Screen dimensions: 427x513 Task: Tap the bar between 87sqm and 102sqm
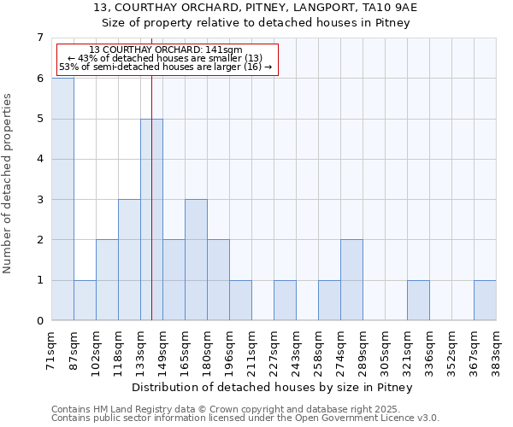pyautogui.click(x=85, y=300)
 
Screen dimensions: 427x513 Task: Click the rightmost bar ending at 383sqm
pyautogui.click(x=485, y=300)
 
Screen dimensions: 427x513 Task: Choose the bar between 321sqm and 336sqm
pyautogui.click(x=418, y=300)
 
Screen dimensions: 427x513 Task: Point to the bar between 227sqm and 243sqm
pyautogui.click(x=285, y=300)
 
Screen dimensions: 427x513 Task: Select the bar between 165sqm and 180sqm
pyautogui.click(x=196, y=260)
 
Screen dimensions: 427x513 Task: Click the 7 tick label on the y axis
pyautogui.click(x=39, y=38)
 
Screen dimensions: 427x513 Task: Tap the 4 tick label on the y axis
pyautogui.click(x=39, y=159)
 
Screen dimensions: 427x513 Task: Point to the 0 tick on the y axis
pyautogui.click(x=39, y=321)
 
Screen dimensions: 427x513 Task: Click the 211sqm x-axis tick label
pyautogui.click(x=252, y=350)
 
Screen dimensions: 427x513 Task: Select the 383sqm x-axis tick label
pyautogui.click(x=497, y=350)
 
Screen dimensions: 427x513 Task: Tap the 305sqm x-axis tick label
pyautogui.click(x=386, y=350)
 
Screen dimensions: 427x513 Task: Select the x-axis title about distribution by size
pyautogui.click(x=273, y=388)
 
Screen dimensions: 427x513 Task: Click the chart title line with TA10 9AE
pyautogui.click(x=256, y=8)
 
